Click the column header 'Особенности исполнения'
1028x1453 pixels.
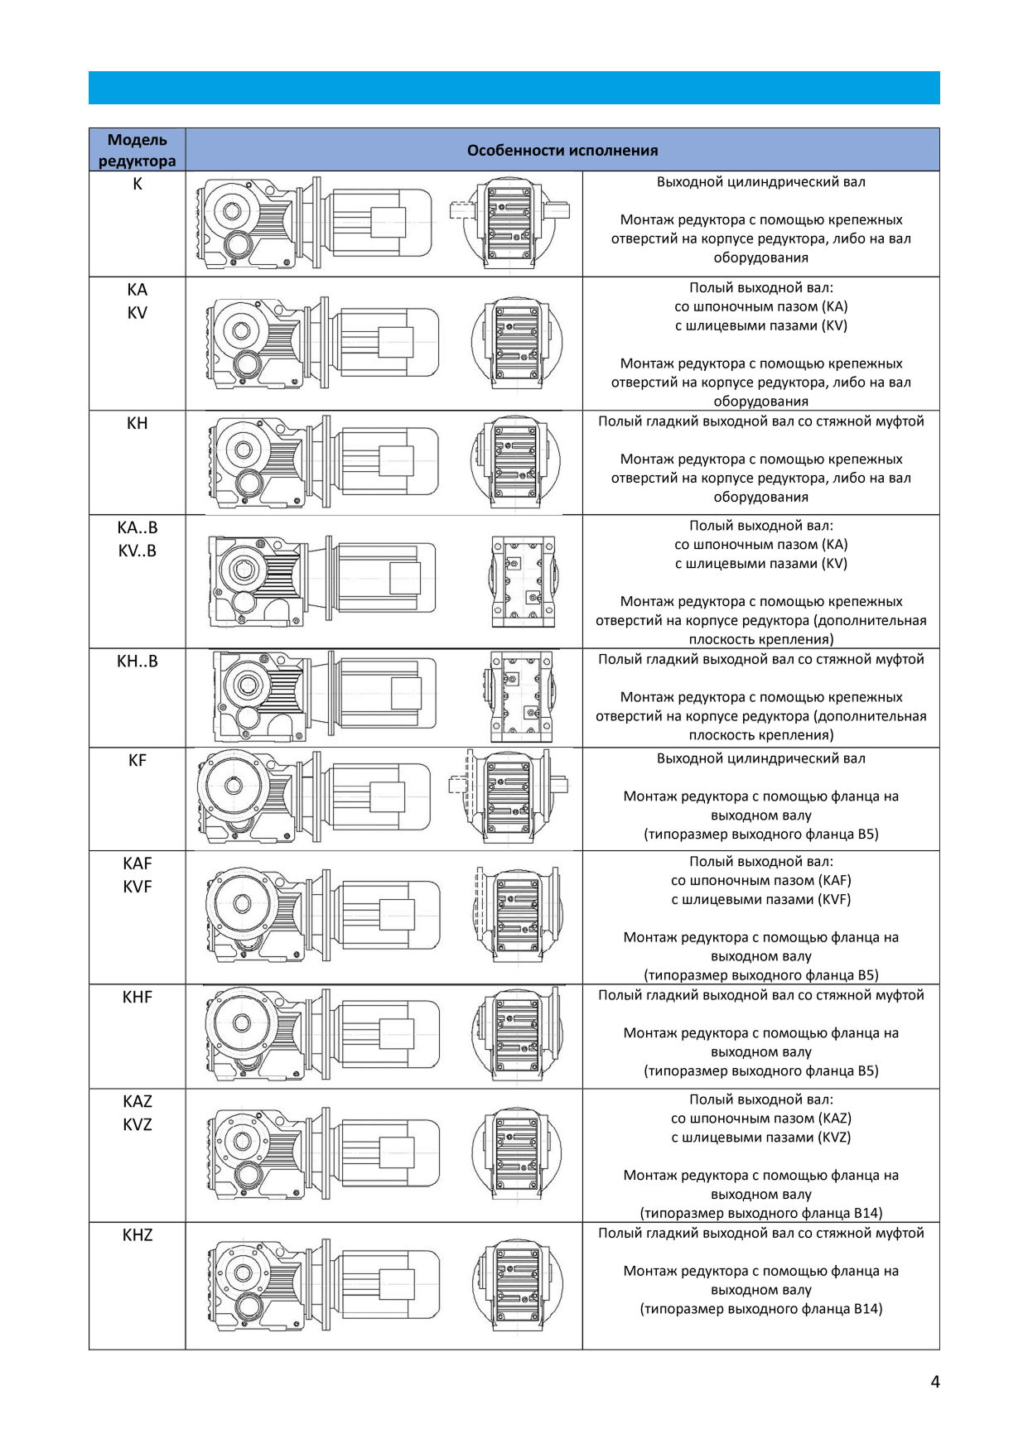562,150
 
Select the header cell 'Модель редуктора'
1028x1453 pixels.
137,150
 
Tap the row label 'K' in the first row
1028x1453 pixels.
138,184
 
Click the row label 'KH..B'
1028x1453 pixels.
138,661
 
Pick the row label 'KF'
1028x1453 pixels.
138,760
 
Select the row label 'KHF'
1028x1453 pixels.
138,997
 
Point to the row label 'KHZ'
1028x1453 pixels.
138,1234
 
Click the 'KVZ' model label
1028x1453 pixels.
138,1124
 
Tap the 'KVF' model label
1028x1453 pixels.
138,887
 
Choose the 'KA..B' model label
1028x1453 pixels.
138,527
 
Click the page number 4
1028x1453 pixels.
935,1381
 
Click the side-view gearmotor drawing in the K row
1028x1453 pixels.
315,223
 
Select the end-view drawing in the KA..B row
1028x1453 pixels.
522,580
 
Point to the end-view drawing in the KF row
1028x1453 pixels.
509,797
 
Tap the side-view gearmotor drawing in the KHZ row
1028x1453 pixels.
323,1284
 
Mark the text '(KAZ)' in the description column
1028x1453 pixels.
834,1118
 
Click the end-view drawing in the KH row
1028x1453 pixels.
515,461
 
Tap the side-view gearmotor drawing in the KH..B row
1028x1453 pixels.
323,696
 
